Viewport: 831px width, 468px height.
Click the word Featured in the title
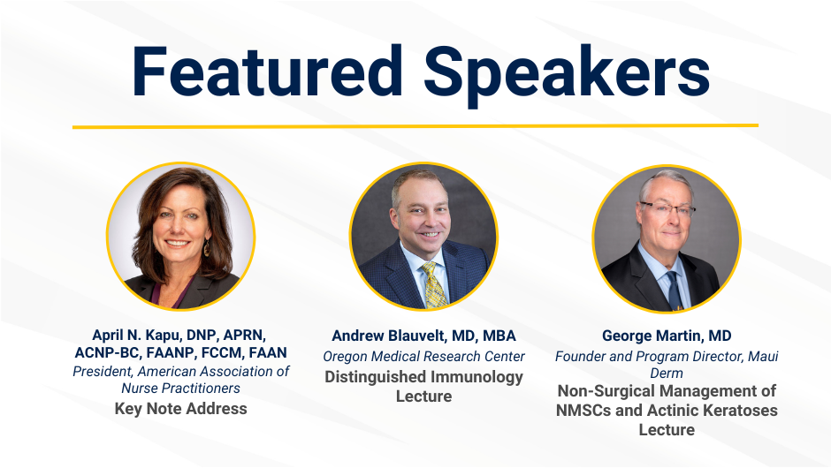click(x=267, y=71)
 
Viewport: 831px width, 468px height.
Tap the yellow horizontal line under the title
click(x=415, y=126)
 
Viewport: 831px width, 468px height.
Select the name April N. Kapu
click(x=137, y=336)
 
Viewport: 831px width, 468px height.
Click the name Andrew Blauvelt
click(x=391, y=336)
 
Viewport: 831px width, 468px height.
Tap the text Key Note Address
click(x=180, y=409)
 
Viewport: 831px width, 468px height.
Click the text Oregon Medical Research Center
click(x=424, y=356)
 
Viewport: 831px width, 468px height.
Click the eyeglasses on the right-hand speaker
click(x=667, y=208)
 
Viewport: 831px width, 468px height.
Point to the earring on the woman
click(x=206, y=248)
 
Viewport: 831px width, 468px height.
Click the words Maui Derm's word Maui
click(x=763, y=356)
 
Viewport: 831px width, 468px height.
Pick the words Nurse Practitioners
click(x=180, y=388)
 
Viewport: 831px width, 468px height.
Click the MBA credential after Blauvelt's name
click(x=499, y=336)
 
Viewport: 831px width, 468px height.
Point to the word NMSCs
click(x=584, y=411)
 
